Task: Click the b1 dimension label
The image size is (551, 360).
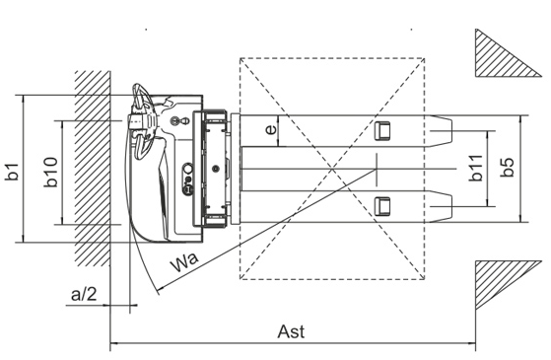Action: coord(12,172)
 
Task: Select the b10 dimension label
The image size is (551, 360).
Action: coord(51,173)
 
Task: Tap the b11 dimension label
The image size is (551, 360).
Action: coord(476,168)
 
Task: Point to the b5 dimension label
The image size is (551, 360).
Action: coord(507,167)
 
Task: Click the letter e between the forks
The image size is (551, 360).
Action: coord(271,130)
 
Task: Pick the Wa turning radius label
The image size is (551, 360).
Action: coord(184,262)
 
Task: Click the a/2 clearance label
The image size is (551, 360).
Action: coord(84,294)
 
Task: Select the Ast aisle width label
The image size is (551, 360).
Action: coord(291,331)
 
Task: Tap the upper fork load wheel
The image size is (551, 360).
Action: coord(382,131)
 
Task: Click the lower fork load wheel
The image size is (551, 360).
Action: coord(382,206)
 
